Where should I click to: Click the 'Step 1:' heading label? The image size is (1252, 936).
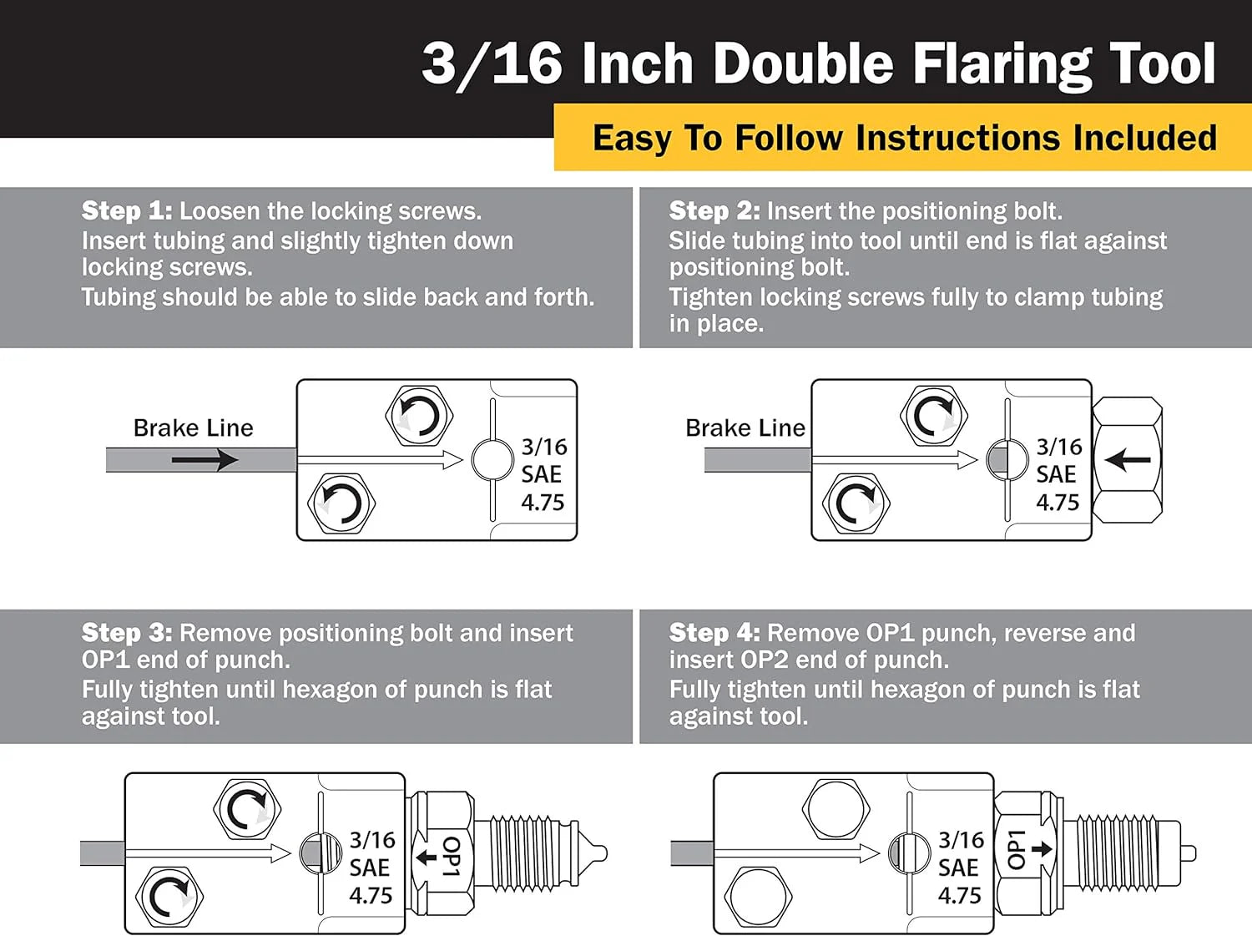click(x=127, y=211)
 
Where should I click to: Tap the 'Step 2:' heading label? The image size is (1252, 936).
click(x=714, y=211)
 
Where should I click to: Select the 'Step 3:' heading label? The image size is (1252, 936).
click(x=127, y=633)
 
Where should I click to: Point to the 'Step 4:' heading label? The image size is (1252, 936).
click(x=714, y=633)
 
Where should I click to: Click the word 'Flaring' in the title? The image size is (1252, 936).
click(x=1002, y=66)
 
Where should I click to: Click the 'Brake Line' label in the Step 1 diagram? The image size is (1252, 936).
click(x=194, y=428)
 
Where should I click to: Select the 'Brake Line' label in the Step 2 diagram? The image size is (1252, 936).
click(x=745, y=428)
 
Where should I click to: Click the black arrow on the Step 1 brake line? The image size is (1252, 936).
click(x=204, y=460)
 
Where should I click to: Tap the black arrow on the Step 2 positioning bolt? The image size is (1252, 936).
click(x=1127, y=460)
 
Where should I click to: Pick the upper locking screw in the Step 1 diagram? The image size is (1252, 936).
click(x=419, y=415)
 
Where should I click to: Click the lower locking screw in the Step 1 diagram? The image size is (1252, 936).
click(x=341, y=503)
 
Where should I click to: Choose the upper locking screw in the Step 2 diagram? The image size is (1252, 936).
click(x=934, y=415)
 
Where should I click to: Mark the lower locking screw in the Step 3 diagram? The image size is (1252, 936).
click(x=169, y=896)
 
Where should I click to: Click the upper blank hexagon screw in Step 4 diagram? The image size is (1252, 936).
click(x=836, y=809)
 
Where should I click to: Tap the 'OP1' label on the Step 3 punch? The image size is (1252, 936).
click(x=451, y=857)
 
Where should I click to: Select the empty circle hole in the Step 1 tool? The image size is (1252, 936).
click(x=492, y=460)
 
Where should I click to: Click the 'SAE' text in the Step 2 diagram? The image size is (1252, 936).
click(x=1056, y=474)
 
